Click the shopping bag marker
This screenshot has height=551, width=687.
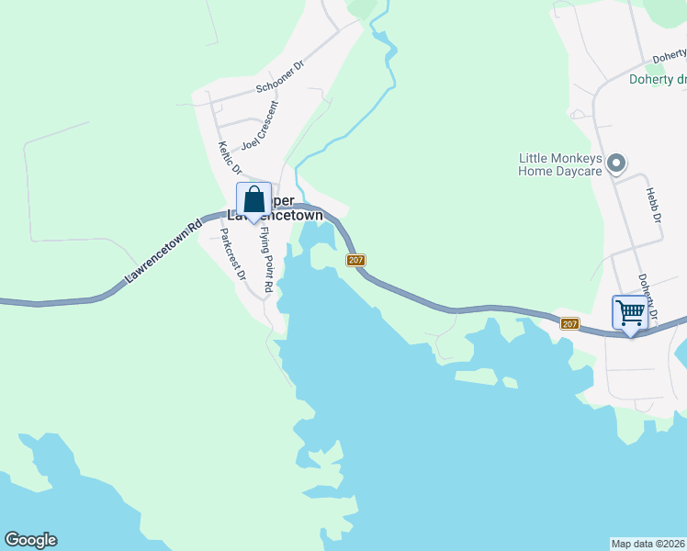pos(254,200)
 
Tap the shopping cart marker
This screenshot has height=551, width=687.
pos(630,313)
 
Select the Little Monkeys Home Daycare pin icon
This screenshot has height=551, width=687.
pos(617,164)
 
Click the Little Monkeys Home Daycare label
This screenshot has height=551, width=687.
pos(559,164)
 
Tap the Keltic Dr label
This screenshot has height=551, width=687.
pos(230,158)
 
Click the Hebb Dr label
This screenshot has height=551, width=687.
pos(653,203)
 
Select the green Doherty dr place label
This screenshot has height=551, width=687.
pos(658,79)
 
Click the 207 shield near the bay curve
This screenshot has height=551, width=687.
pos(357,261)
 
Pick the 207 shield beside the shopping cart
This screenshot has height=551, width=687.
pos(569,323)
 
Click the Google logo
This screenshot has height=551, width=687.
pos(30,540)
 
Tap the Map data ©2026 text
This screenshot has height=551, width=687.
pos(648,543)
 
